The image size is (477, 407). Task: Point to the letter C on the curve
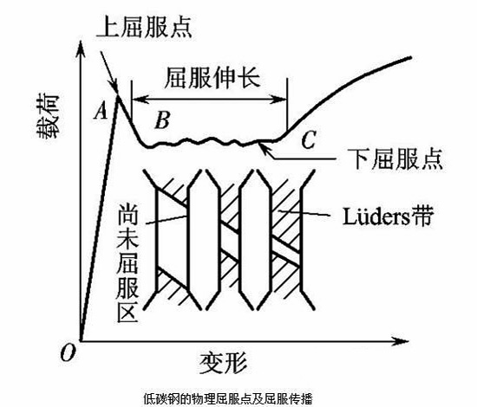click(309, 139)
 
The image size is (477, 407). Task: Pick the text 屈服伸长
click(208, 76)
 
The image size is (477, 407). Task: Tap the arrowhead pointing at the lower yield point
click(267, 146)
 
